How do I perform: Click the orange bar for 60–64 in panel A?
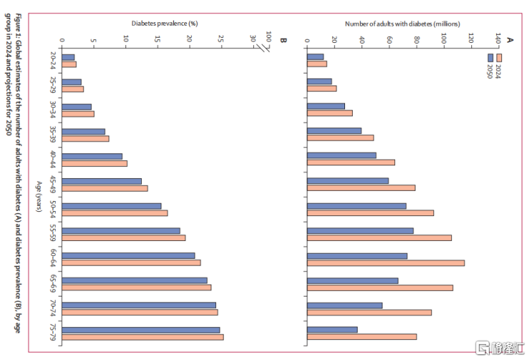tap(385, 263)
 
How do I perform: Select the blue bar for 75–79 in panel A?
tap(332, 329)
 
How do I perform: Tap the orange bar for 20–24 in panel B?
tap(69, 64)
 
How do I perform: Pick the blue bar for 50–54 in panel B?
tap(111, 206)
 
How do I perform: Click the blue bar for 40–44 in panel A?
tap(341, 155)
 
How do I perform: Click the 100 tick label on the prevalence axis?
tap(268, 36)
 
